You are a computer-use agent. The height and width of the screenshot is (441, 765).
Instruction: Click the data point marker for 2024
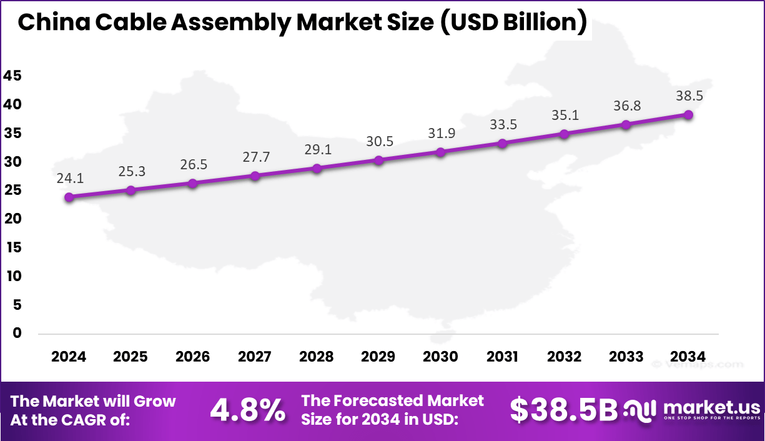[x=69, y=197]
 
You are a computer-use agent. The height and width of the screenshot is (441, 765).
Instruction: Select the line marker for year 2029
[x=378, y=161]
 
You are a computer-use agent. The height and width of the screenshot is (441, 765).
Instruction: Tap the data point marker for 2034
[x=688, y=115]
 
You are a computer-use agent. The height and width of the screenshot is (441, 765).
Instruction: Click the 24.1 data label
[x=69, y=179]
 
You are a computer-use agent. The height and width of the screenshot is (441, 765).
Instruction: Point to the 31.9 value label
[x=440, y=133]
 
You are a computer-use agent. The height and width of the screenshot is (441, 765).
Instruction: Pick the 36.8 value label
[x=626, y=106]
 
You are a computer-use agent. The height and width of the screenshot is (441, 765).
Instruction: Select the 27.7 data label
[x=255, y=157]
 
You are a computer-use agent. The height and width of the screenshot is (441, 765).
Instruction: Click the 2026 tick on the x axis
[x=193, y=357]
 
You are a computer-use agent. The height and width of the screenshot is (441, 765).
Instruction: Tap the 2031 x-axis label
[x=502, y=357]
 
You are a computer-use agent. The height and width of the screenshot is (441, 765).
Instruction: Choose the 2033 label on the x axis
[x=626, y=357]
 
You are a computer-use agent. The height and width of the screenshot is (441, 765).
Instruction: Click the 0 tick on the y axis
[x=17, y=334]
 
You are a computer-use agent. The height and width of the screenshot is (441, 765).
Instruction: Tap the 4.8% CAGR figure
[x=248, y=410]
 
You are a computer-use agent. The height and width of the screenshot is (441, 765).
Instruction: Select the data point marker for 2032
[x=564, y=134]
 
